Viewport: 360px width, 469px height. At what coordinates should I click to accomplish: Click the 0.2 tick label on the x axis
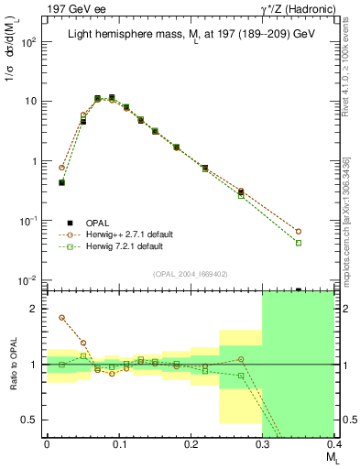click(x=191, y=443)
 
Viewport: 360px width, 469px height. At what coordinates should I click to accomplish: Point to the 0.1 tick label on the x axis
click(x=118, y=443)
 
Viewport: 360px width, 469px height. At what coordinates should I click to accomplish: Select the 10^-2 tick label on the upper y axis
click(x=28, y=279)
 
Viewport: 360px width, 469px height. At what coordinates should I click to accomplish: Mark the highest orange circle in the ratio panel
click(x=61, y=318)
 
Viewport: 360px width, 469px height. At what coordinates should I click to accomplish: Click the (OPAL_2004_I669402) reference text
click(x=191, y=273)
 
